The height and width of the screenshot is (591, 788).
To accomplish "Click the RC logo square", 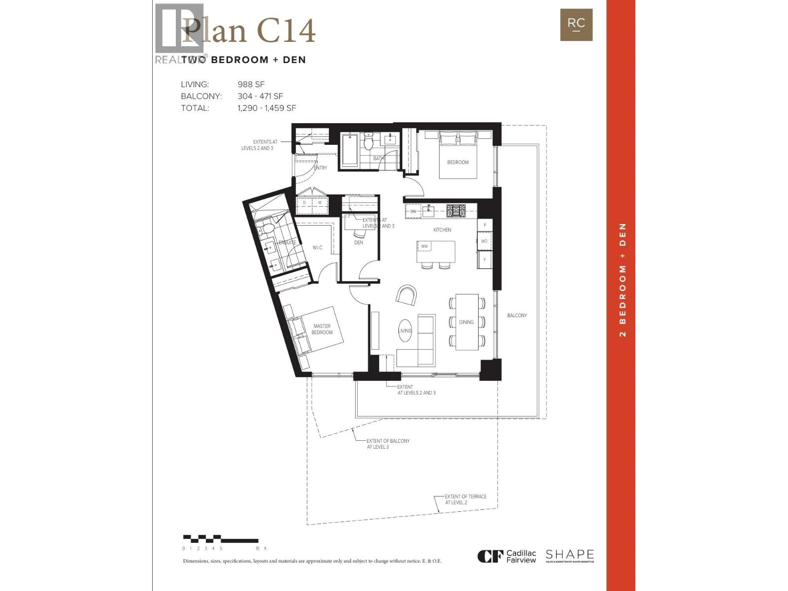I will pyautogui.click(x=576, y=25).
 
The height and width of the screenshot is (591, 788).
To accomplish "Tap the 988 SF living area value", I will pyautogui.click(x=251, y=85).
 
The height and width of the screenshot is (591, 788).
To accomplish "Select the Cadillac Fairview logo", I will pyautogui.click(x=507, y=557).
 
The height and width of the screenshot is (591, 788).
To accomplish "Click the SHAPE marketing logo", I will pyautogui.click(x=569, y=556).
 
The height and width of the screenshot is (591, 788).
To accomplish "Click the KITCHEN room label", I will pyautogui.click(x=442, y=230).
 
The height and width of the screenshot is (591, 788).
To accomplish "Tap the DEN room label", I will pyautogui.click(x=359, y=242).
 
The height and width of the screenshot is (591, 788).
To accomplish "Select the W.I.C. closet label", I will pyautogui.click(x=318, y=247).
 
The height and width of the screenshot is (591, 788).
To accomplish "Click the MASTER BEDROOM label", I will pyautogui.click(x=322, y=329).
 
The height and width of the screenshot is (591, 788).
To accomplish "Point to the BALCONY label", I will pyautogui.click(x=517, y=315).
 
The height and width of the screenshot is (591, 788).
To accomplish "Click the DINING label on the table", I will pyautogui.click(x=466, y=322).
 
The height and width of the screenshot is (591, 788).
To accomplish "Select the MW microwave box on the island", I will pyautogui.click(x=424, y=246).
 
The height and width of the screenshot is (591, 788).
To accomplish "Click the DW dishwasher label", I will pyautogui.click(x=413, y=211).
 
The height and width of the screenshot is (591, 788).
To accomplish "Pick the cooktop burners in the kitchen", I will pyautogui.click(x=456, y=211).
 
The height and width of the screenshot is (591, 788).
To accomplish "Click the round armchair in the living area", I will pyautogui.click(x=407, y=295).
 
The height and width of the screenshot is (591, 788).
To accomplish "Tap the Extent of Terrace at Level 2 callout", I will pyautogui.click(x=465, y=499).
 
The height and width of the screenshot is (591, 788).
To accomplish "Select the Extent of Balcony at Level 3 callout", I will pyautogui.click(x=388, y=444).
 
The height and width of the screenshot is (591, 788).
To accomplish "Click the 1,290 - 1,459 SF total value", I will pyautogui.click(x=266, y=108).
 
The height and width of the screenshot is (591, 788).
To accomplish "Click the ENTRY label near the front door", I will pyautogui.click(x=320, y=168).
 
